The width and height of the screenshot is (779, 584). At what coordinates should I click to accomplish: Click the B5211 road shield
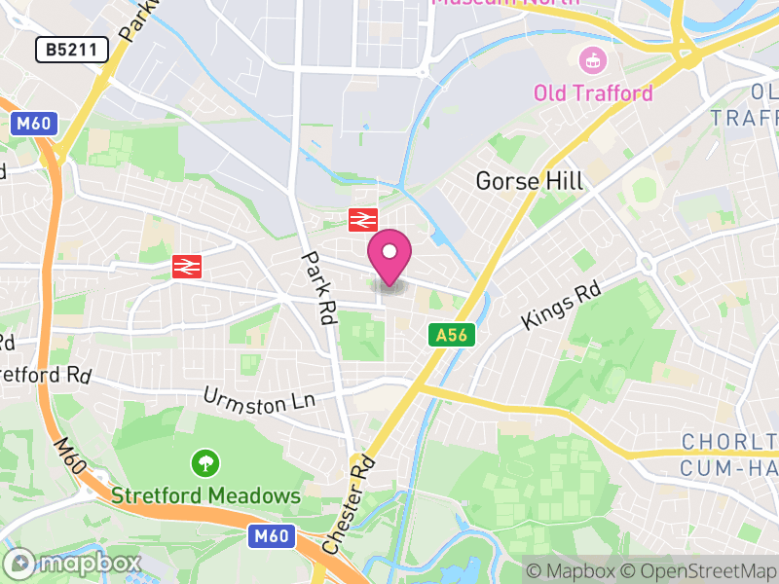pyautogui.click(x=72, y=50)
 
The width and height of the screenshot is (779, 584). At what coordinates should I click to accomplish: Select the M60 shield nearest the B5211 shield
pyautogui.click(x=36, y=124)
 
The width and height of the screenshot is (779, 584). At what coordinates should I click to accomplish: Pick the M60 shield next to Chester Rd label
pyautogui.click(x=272, y=535)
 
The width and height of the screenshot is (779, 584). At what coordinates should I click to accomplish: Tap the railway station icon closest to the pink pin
pyautogui.click(x=362, y=220)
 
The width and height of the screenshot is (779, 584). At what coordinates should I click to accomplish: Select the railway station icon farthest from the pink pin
pyautogui.click(x=186, y=266)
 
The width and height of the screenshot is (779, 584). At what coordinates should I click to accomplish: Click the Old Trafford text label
pyautogui.click(x=593, y=93)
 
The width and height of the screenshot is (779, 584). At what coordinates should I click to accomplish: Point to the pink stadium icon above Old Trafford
pyautogui.click(x=590, y=61)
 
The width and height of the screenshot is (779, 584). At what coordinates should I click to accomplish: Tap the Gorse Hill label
pyautogui.click(x=530, y=181)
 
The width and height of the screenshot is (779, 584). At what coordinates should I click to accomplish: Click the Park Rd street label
pyautogui.click(x=318, y=289)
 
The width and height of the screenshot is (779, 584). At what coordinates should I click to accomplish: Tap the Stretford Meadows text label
pyautogui.click(x=205, y=495)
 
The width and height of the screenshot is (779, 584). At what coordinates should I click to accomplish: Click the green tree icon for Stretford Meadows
pyautogui.click(x=204, y=462)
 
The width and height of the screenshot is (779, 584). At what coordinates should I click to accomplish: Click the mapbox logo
pyautogui.click(x=73, y=563)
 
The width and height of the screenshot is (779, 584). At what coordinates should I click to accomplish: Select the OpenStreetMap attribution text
pyautogui.click(x=698, y=569)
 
